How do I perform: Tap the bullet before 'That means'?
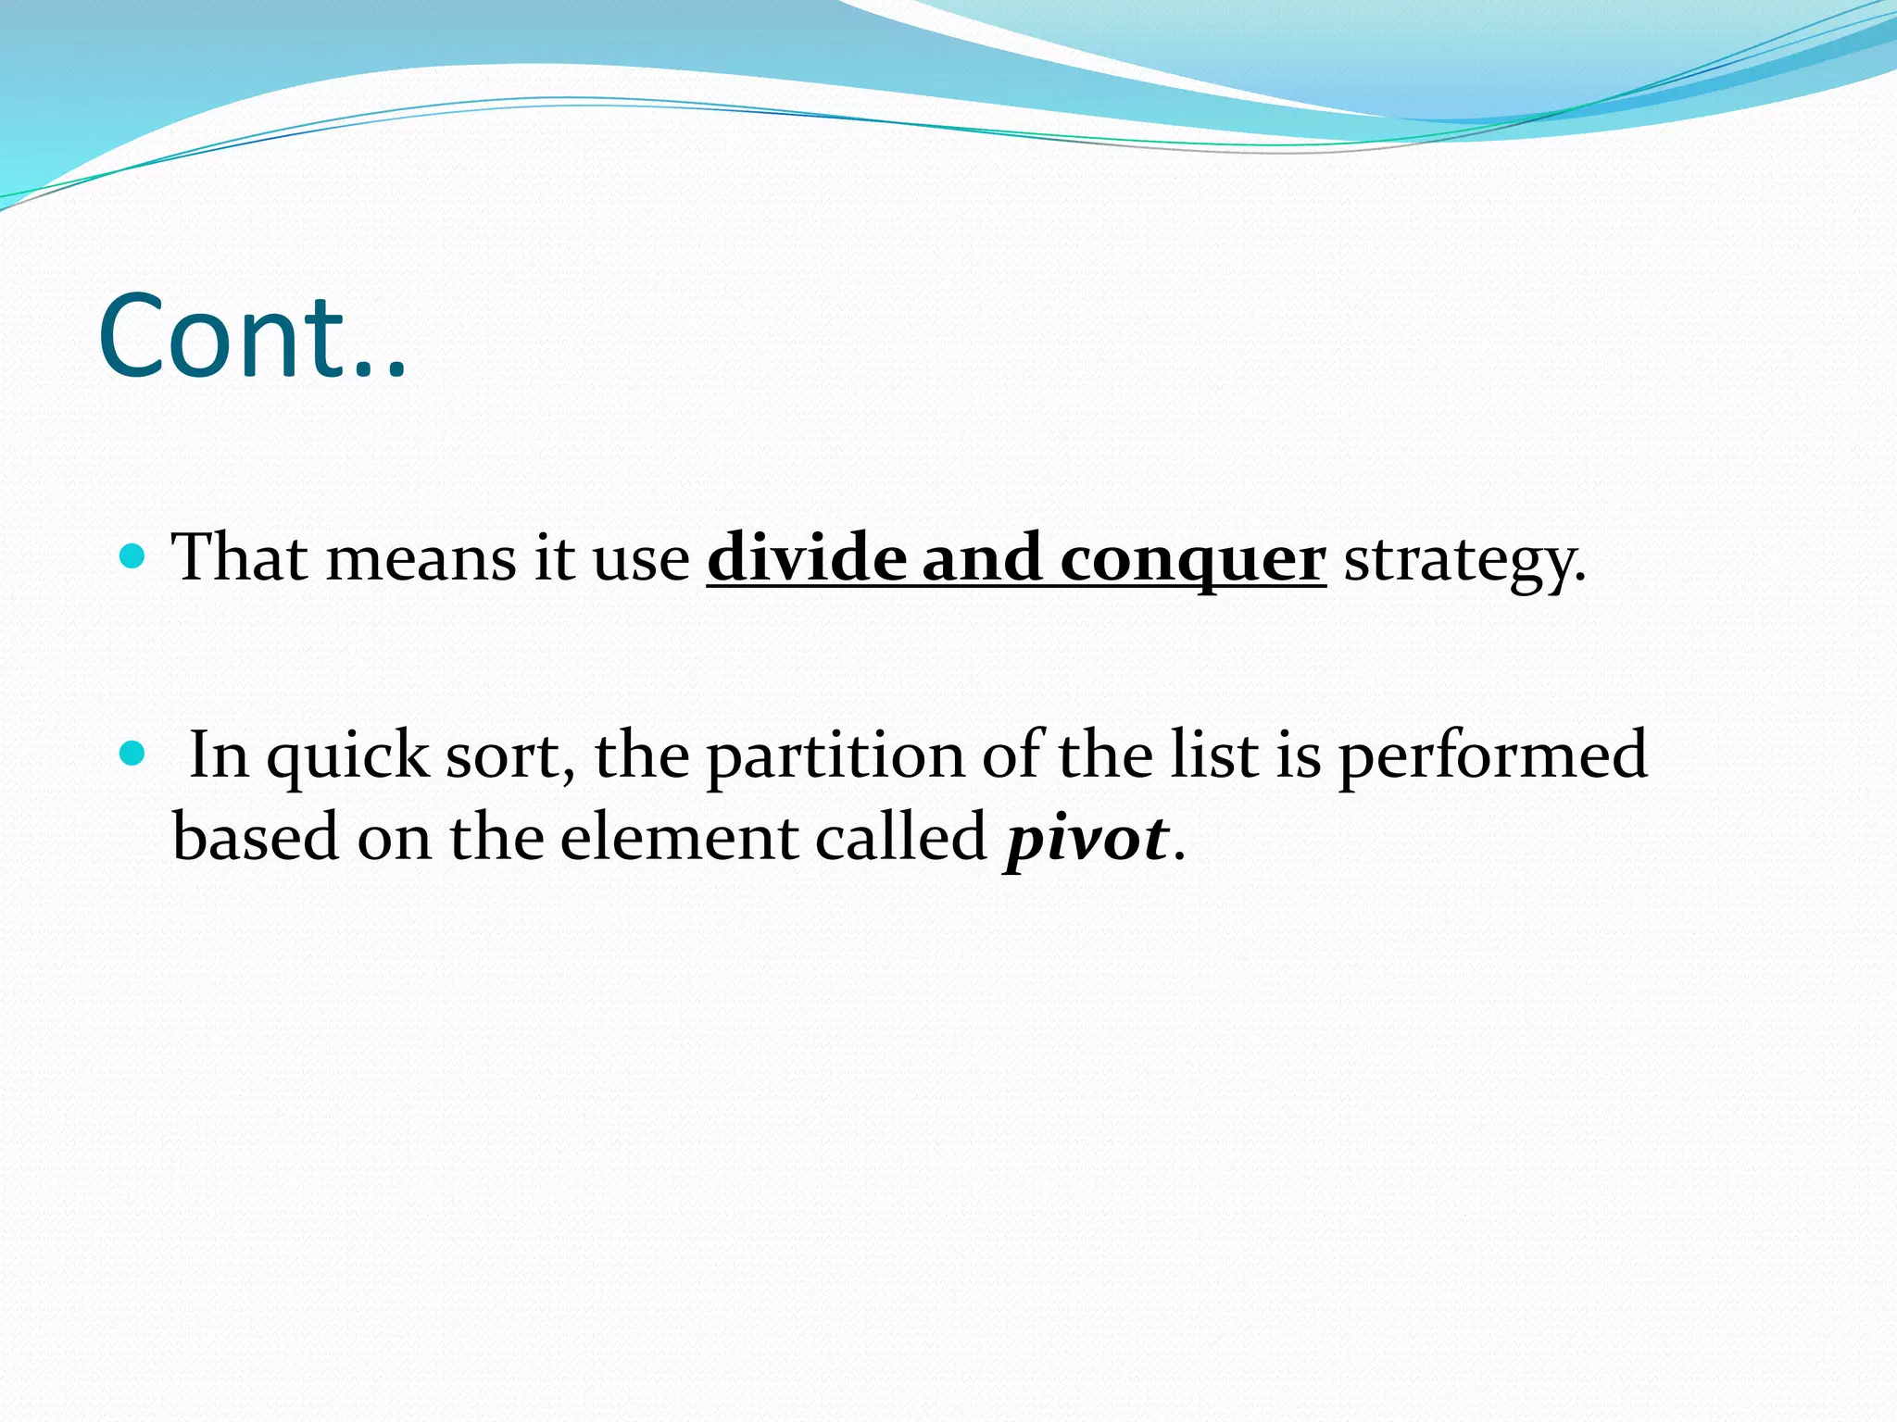pyautogui.click(x=134, y=556)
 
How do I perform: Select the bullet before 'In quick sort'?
pyautogui.click(x=134, y=754)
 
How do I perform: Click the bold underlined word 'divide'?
pyautogui.click(x=805, y=558)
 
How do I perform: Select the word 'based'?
pyautogui.click(x=256, y=837)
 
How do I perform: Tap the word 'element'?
pyautogui.click(x=678, y=837)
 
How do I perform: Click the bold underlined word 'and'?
pyautogui.click(x=982, y=558)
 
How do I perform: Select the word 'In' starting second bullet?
pyautogui.click(x=219, y=755)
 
